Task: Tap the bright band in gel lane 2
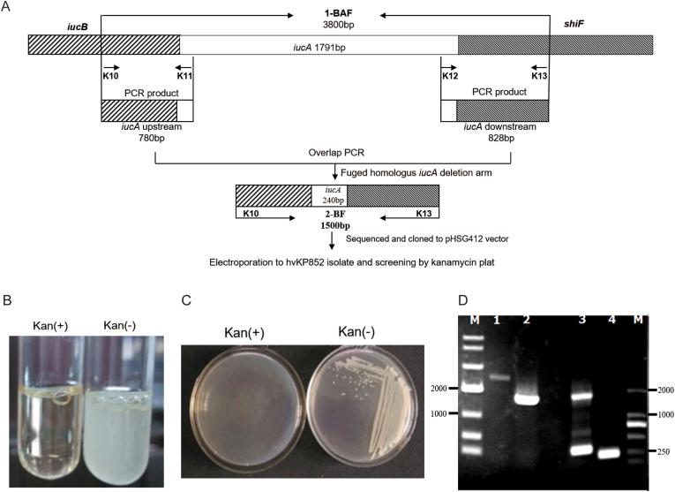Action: pyautogui.click(x=527, y=398)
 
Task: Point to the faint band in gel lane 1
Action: pyautogui.click(x=496, y=377)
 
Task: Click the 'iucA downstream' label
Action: pyautogui.click(x=494, y=126)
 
